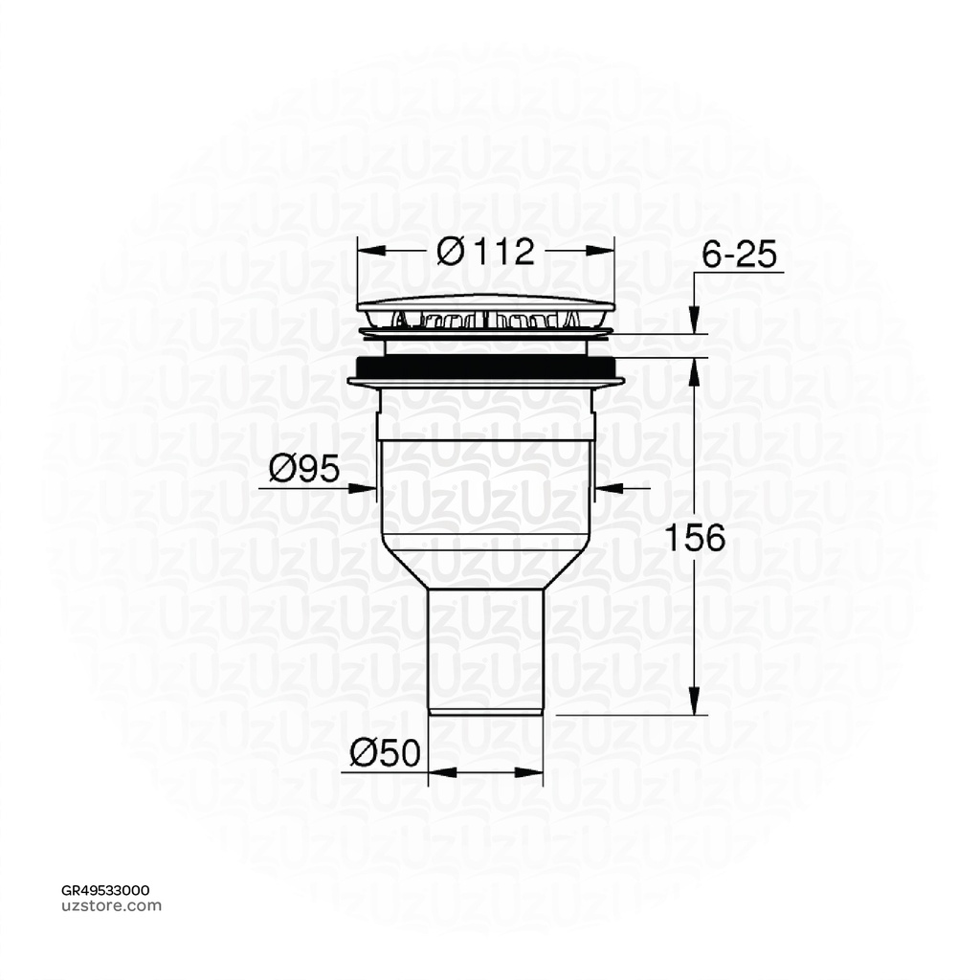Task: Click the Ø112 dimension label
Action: click(x=484, y=252)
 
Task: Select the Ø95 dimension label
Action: click(x=304, y=469)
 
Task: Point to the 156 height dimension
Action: click(x=697, y=538)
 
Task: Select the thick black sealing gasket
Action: click(x=485, y=367)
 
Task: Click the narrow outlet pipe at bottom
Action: click(x=485, y=651)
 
